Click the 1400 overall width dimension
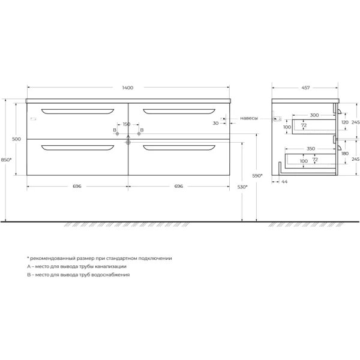[x=127, y=88]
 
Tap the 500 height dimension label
[x=16, y=139]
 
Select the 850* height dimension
[x=6, y=160]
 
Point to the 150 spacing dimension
[x=127, y=125]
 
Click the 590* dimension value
[x=256, y=175]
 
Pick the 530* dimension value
[x=242, y=187]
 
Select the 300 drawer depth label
[x=314, y=115]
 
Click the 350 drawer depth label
[x=310, y=148]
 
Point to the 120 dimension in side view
[x=344, y=122]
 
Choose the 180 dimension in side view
[x=344, y=153]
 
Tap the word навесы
[x=249, y=118]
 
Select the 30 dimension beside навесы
[x=215, y=123]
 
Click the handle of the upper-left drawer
[x=77, y=111]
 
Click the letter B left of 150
[x=115, y=130]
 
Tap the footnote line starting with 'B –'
[x=78, y=274]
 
